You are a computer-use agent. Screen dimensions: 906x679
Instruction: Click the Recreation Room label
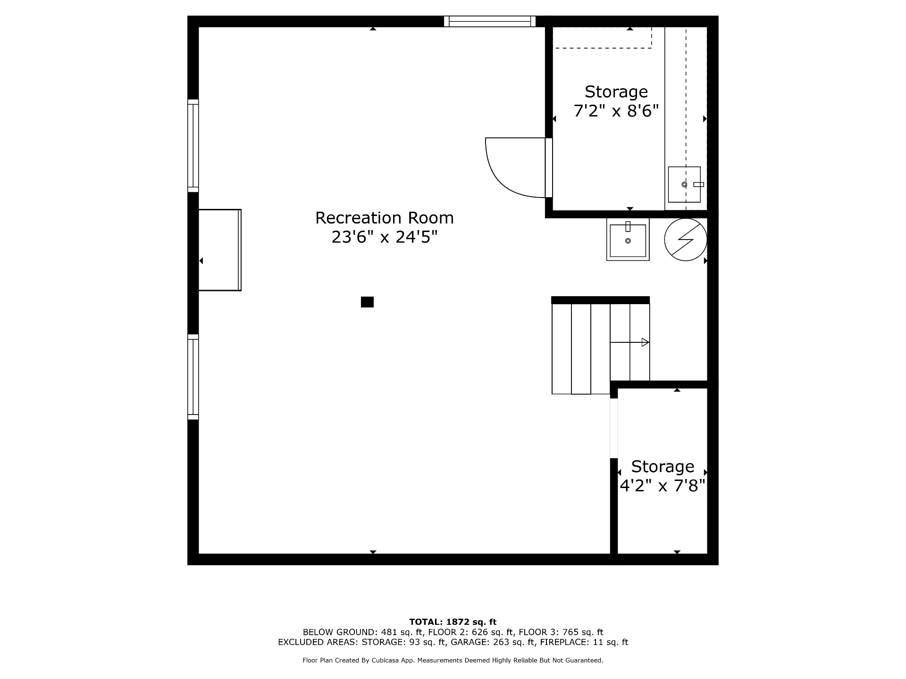(x=384, y=218)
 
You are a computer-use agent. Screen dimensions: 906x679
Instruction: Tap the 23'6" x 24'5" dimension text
(x=384, y=237)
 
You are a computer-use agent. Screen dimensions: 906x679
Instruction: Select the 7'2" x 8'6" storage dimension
(x=616, y=111)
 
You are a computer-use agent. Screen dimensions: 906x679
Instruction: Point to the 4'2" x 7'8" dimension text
(x=663, y=485)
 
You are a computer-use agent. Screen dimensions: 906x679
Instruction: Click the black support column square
(x=367, y=302)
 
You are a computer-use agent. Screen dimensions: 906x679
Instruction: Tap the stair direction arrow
(x=630, y=342)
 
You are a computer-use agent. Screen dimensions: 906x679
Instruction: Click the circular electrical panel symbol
(x=686, y=240)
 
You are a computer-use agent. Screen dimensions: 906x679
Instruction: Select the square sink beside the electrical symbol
(x=628, y=240)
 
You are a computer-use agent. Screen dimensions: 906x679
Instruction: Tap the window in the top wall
(x=490, y=21)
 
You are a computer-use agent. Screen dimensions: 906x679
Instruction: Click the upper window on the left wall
(x=193, y=146)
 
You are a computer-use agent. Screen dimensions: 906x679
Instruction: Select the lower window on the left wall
(x=193, y=377)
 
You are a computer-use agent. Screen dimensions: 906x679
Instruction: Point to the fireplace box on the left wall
(x=220, y=250)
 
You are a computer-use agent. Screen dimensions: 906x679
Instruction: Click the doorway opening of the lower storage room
(x=614, y=428)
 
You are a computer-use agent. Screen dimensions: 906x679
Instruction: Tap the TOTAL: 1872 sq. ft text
(x=453, y=622)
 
